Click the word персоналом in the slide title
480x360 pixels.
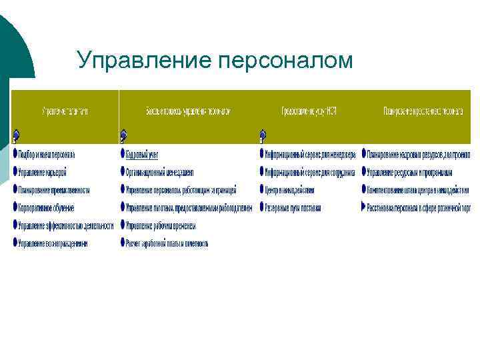coord(285,61)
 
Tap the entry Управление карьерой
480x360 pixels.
coord(43,172)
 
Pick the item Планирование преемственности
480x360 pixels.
coord(54,190)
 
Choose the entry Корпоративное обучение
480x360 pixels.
coord(46,208)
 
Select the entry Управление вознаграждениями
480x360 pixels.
coord(53,244)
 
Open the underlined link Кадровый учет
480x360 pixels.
coord(142,154)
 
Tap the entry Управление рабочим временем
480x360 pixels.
coord(161,226)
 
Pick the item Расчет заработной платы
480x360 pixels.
coord(167,244)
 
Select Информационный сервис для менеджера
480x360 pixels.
coord(311,154)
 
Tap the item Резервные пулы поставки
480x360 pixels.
coord(293,208)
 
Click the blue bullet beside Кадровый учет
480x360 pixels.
coord(123,154)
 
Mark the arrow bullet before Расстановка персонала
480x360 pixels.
coord(364,208)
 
